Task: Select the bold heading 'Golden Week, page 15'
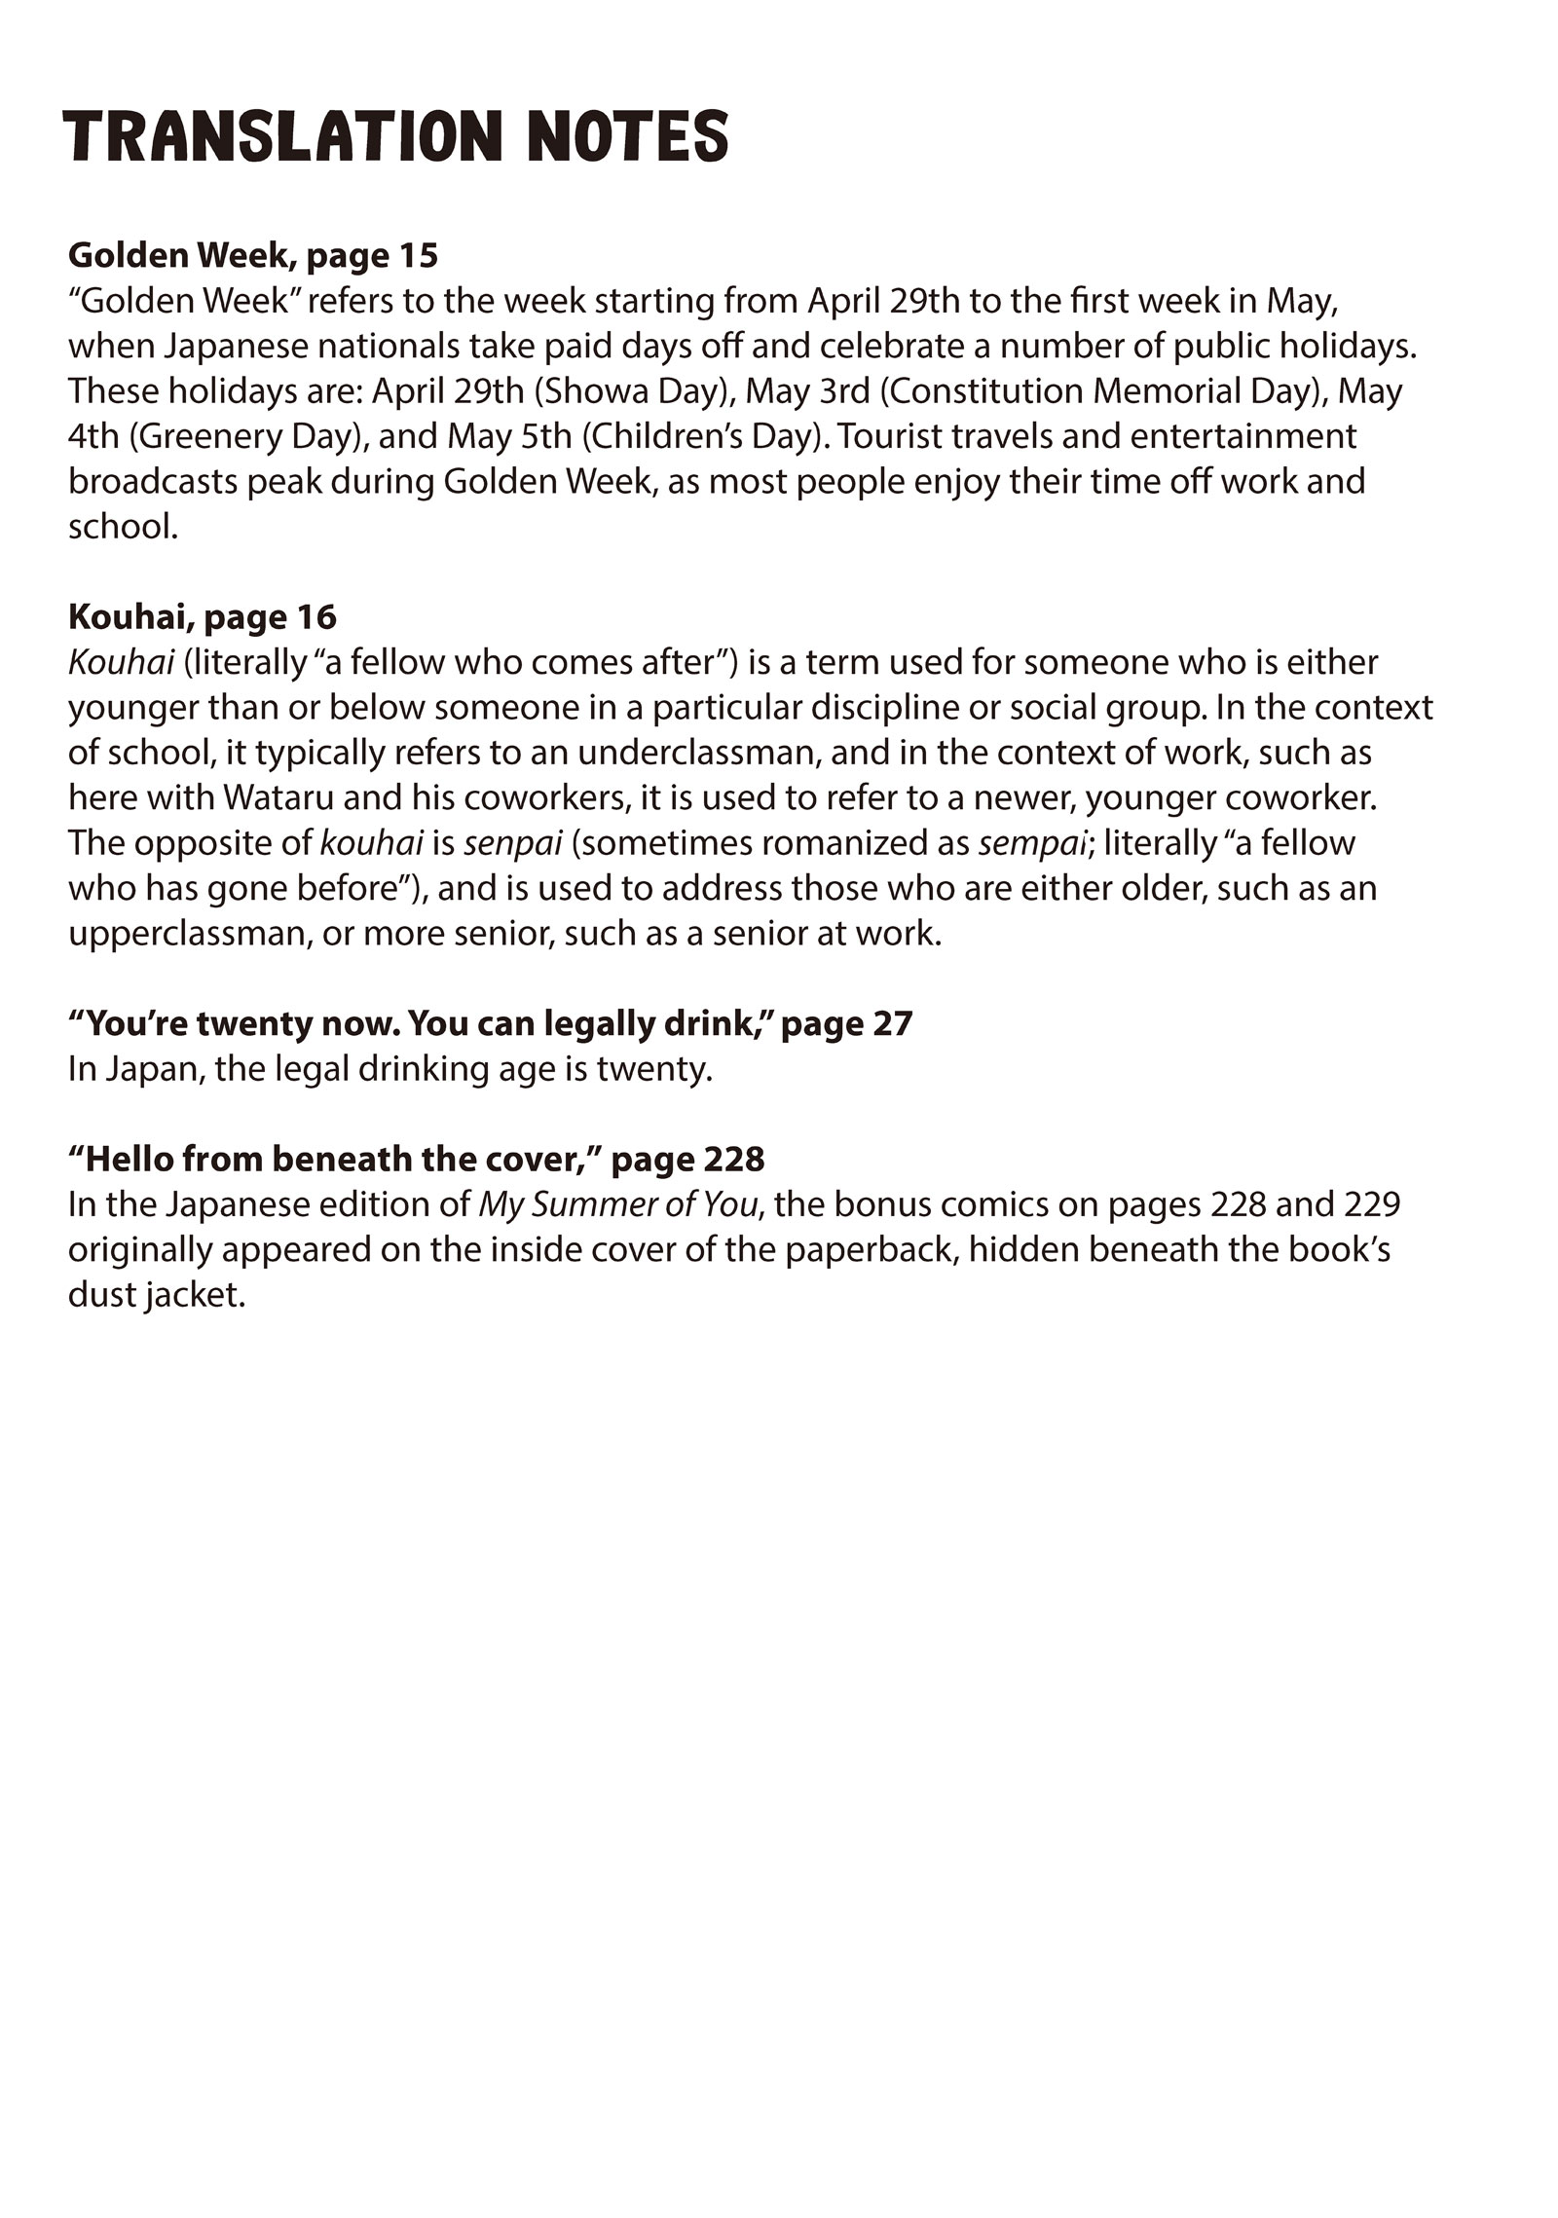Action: pos(253,255)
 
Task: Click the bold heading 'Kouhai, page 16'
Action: pos(203,616)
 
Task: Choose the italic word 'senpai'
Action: pos(513,843)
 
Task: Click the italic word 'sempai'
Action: pos(1032,843)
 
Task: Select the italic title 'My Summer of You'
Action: pos(617,1204)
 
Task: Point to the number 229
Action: pos(1359,1204)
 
